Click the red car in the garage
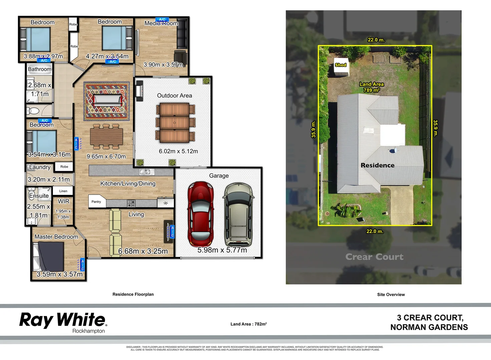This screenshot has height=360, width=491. (200, 214)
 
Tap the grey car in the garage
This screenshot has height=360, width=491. (238, 214)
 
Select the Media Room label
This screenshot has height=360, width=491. (161, 23)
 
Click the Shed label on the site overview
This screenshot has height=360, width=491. (341, 65)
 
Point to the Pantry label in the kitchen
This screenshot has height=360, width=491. (96, 202)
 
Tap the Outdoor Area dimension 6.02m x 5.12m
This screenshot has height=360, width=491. (178, 151)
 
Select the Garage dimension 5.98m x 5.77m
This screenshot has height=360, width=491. (222, 250)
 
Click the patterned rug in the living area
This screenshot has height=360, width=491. (107, 101)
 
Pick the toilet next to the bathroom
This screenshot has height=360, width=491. (33, 111)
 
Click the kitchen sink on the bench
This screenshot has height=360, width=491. (146, 172)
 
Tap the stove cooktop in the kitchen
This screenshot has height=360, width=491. (131, 203)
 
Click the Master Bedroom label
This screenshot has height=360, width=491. (56, 237)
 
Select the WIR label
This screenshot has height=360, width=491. (63, 201)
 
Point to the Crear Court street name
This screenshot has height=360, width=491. (374, 257)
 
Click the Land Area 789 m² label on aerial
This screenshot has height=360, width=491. (371, 87)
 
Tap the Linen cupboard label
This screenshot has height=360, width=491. (63, 191)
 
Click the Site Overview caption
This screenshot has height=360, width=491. (391, 295)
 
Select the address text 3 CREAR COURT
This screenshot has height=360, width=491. (430, 318)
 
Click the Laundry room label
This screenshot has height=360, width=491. (40, 167)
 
